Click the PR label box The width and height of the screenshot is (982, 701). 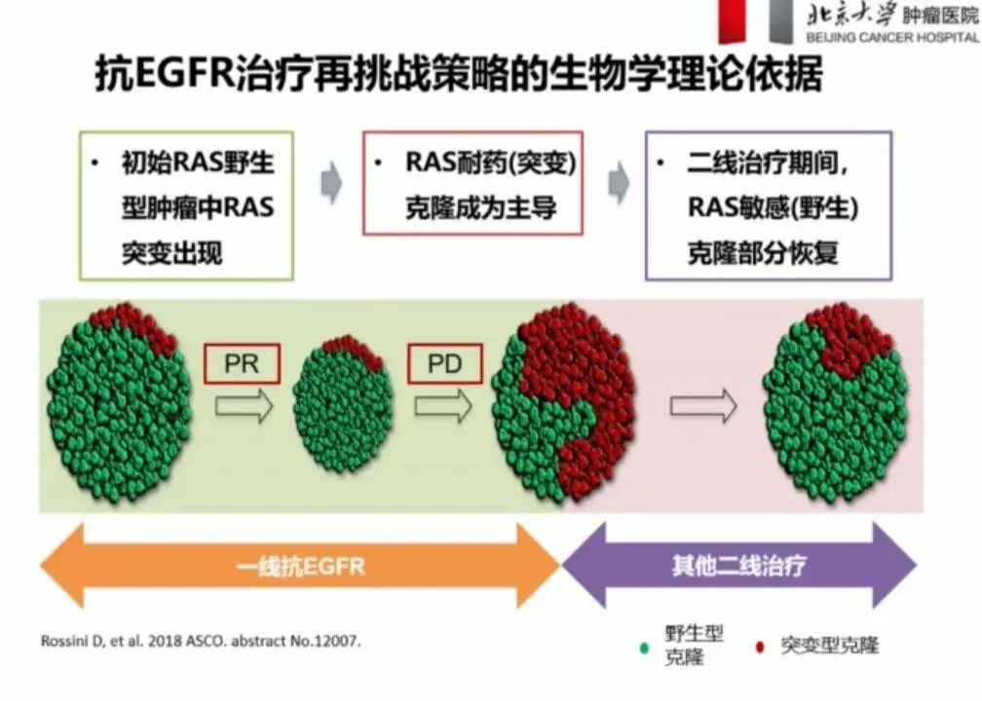(242, 365)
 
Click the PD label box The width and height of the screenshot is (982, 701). (444, 365)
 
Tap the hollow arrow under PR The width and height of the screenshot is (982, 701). (244, 407)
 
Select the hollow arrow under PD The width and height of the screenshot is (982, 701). (443, 407)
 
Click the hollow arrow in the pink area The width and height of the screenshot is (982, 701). (702, 406)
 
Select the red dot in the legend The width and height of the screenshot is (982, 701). (759, 646)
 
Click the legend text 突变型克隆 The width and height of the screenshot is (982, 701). (829, 646)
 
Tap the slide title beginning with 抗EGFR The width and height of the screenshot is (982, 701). (458, 74)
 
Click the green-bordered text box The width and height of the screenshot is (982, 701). (186, 206)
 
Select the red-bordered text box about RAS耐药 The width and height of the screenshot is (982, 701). (472, 183)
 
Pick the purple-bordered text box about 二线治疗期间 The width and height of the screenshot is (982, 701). (769, 205)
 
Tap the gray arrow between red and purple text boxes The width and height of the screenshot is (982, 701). (618, 183)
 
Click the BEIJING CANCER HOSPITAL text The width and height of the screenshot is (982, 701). (891, 37)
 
